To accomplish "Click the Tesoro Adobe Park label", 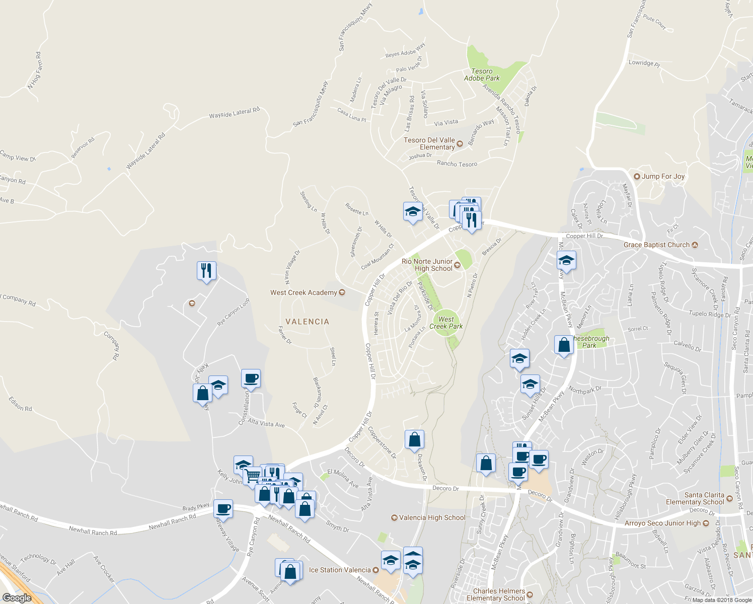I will coord(482,75).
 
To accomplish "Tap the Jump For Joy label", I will coord(663,177).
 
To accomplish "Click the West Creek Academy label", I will coord(304,292).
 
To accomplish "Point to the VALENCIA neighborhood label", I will coord(307,322).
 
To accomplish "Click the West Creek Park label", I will coord(446,323).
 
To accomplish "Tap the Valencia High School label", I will coord(432,517).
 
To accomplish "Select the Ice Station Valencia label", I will coord(340,570).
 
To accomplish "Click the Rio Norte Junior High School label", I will coord(427,265).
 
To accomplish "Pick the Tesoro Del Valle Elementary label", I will coord(429,143).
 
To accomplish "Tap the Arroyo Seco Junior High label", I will coord(662,523).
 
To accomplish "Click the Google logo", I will coord(17,597).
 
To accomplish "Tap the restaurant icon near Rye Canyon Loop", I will coord(206,271).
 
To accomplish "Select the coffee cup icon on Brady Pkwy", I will coord(223,508).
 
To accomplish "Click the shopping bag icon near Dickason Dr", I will coord(414,439).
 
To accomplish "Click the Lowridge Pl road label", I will coord(644,63).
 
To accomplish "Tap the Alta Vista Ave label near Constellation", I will coord(266,423).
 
